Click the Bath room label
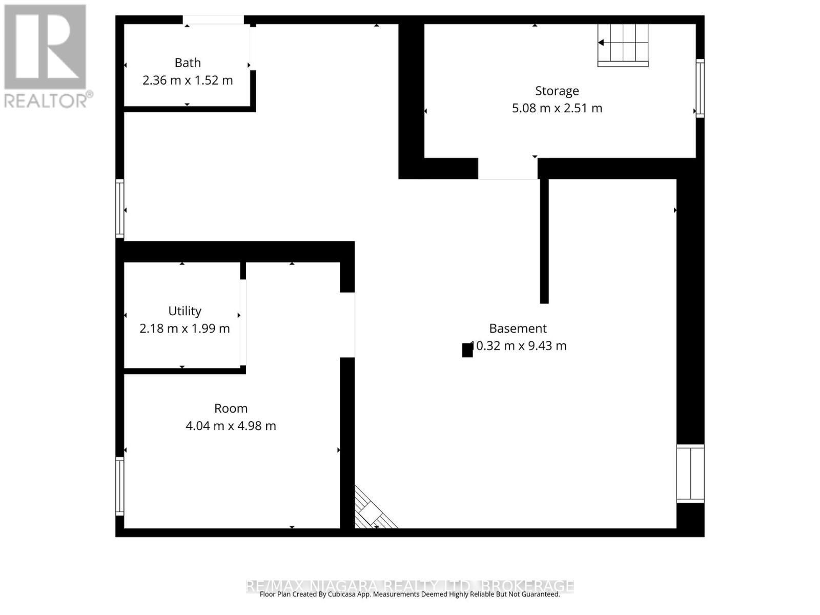tap(188, 63)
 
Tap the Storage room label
tap(557, 91)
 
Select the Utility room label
tap(184, 311)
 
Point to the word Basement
tap(518, 329)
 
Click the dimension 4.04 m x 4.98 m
tap(231, 426)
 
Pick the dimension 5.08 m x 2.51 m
tap(557, 108)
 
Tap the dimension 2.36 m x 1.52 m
tap(188, 80)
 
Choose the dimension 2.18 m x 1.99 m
tap(184, 329)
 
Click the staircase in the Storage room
tap(623, 45)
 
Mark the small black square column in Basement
tap(467, 350)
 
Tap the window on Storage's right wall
tap(700, 88)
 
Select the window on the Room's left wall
tap(120, 486)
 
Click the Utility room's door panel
tap(243, 322)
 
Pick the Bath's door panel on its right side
tap(253, 48)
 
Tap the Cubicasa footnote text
tap(409, 594)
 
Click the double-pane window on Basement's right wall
tap(690, 474)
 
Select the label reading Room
tap(231, 408)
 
